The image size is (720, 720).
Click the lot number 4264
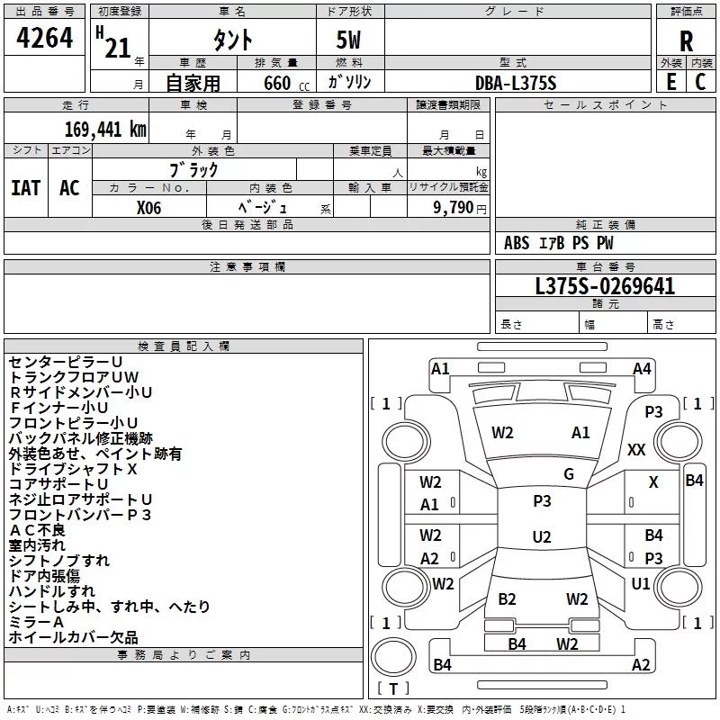click(x=44, y=38)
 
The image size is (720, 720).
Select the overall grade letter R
click(x=686, y=41)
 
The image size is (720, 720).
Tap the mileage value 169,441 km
click(x=105, y=130)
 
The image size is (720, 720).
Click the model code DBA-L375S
click(x=516, y=83)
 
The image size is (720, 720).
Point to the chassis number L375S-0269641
click(x=605, y=286)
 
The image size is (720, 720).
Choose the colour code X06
click(x=148, y=208)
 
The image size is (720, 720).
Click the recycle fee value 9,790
click(x=453, y=208)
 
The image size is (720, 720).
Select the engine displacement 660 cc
click(x=286, y=83)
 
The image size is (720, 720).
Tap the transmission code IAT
click(x=26, y=188)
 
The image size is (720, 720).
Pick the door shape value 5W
click(x=348, y=40)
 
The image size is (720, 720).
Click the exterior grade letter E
click(x=670, y=82)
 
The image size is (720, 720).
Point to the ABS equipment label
click(x=517, y=243)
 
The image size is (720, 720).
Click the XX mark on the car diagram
click(x=636, y=449)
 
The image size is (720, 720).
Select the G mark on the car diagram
click(x=569, y=474)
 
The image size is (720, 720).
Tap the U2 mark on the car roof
click(x=542, y=536)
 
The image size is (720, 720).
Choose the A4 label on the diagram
click(x=642, y=369)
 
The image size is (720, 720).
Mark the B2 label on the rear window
click(x=507, y=599)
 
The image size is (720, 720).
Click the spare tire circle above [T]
click(x=393, y=657)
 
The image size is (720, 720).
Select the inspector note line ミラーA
click(x=36, y=622)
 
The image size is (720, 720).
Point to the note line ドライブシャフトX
click(x=73, y=469)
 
